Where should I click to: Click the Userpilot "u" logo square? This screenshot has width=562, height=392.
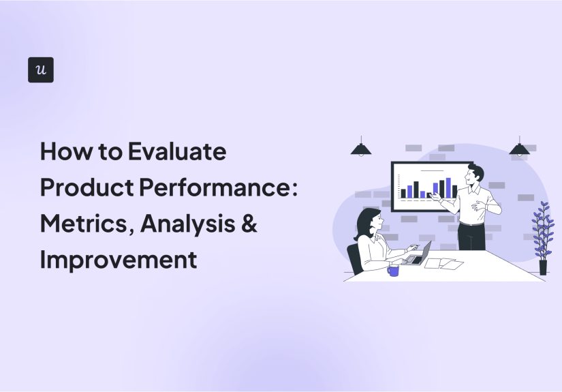41,70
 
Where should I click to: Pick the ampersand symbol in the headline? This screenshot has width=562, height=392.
249,224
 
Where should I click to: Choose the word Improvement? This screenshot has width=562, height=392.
119,260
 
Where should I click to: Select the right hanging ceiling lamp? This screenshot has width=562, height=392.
520,149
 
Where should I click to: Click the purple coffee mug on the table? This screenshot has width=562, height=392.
393,270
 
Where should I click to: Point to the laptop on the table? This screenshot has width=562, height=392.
417,254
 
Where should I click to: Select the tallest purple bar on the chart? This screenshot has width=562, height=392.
448,187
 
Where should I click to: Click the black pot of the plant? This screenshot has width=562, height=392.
543,267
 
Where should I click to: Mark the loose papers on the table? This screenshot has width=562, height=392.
443,262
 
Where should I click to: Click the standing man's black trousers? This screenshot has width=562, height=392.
471,235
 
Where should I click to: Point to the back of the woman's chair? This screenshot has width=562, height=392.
354,258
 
